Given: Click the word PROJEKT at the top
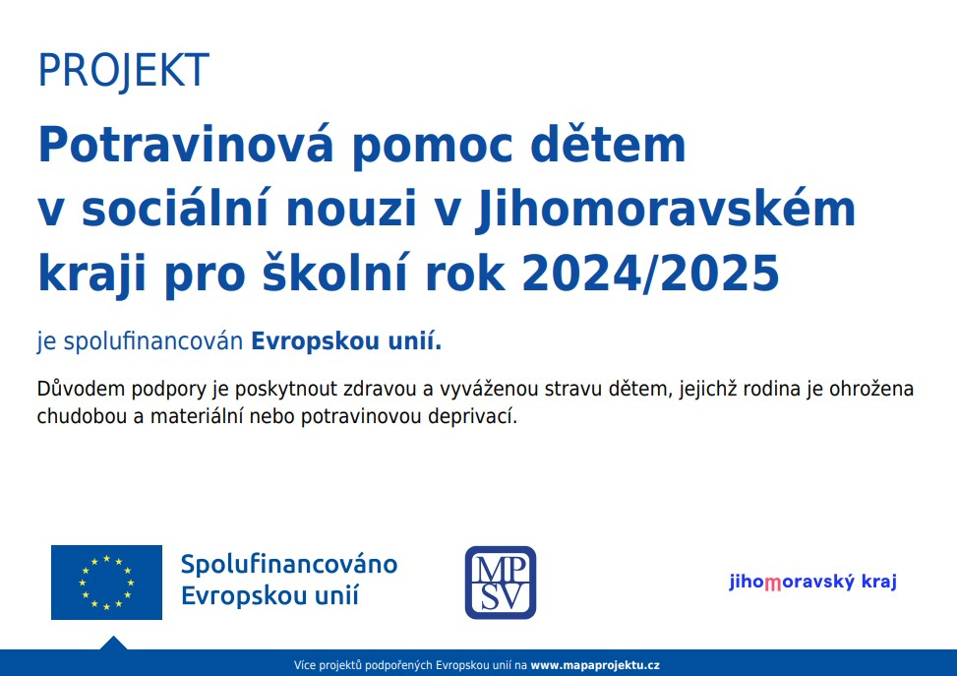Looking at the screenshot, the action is point(124,70).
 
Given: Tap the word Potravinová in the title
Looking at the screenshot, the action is point(186,144).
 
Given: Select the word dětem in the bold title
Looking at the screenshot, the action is point(609,144).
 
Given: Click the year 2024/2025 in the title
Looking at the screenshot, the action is point(650,273).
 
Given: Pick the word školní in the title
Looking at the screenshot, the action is point(335,273).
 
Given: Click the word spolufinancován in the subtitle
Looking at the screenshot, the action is point(153,340).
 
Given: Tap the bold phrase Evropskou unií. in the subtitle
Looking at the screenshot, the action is point(346,340).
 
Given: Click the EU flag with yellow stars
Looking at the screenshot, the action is point(107,583).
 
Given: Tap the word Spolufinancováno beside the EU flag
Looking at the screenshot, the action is point(289,564).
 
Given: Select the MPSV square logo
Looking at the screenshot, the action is point(501,583).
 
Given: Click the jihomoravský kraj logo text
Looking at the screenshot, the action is point(813,582).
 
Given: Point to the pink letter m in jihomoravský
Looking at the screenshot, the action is point(773,584).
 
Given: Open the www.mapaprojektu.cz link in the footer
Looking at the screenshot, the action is point(595,665).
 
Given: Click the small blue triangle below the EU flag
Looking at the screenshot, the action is point(113,643).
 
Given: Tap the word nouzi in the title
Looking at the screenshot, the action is point(350,209).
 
